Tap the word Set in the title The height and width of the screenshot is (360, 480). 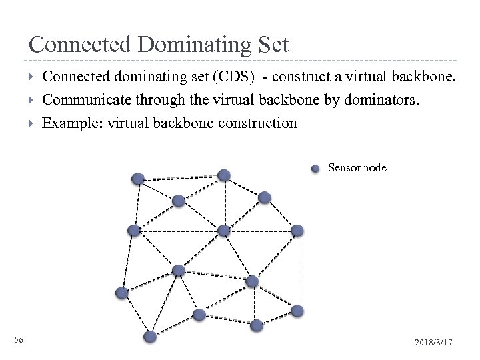coord(273,45)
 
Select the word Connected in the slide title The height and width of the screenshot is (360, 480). coord(79,45)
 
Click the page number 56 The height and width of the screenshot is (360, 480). coord(19,341)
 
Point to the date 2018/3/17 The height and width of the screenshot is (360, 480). coord(434,342)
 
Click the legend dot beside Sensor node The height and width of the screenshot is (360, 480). coord(316,168)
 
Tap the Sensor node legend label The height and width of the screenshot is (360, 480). coord(357,168)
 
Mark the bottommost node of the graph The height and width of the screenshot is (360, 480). coord(151,337)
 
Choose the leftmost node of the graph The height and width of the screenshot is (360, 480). coord(122,292)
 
